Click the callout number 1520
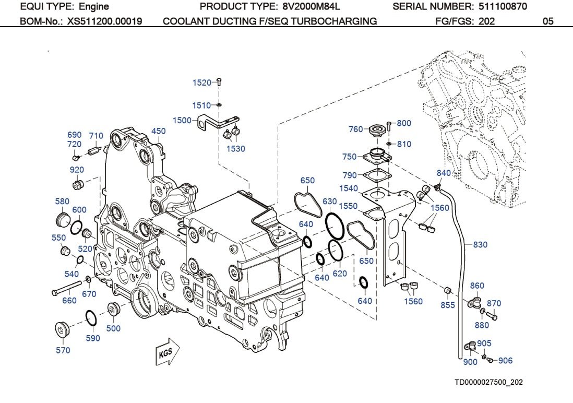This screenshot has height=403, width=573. (x=202, y=82)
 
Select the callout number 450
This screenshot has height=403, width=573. (x=159, y=131)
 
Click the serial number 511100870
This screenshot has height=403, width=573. (x=503, y=7)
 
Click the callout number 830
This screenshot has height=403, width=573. (x=480, y=244)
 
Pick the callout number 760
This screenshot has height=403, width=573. (x=355, y=129)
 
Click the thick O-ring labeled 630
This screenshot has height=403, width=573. (x=334, y=224)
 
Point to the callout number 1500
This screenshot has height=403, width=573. (x=182, y=120)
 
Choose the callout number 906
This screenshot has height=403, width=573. (x=505, y=360)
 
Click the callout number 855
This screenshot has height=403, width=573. (x=448, y=305)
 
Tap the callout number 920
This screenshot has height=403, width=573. (x=77, y=170)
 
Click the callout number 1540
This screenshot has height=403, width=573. (x=348, y=188)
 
